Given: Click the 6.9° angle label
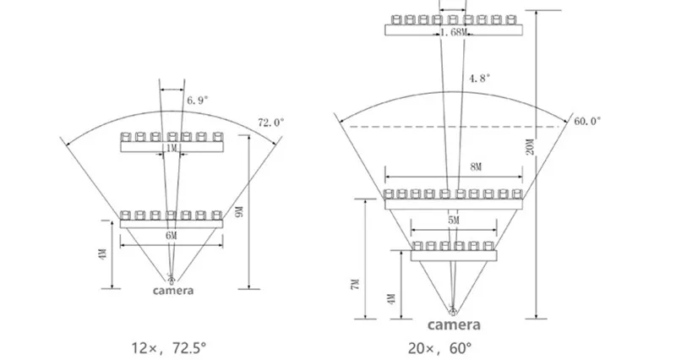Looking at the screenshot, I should coord(196,100).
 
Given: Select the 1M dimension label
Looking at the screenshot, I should coord(172,149).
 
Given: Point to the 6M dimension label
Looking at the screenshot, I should coord(172,236).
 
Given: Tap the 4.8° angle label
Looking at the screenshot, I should coord(479,78).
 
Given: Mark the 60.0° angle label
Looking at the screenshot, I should coord(587,122).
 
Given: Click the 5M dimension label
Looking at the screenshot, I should coord(454,221).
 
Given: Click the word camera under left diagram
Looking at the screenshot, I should coord(172,292).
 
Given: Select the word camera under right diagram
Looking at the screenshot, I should coord(454,325).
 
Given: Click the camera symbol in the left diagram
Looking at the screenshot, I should coord(172,279).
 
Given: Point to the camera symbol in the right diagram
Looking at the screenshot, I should coord(454,310).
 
